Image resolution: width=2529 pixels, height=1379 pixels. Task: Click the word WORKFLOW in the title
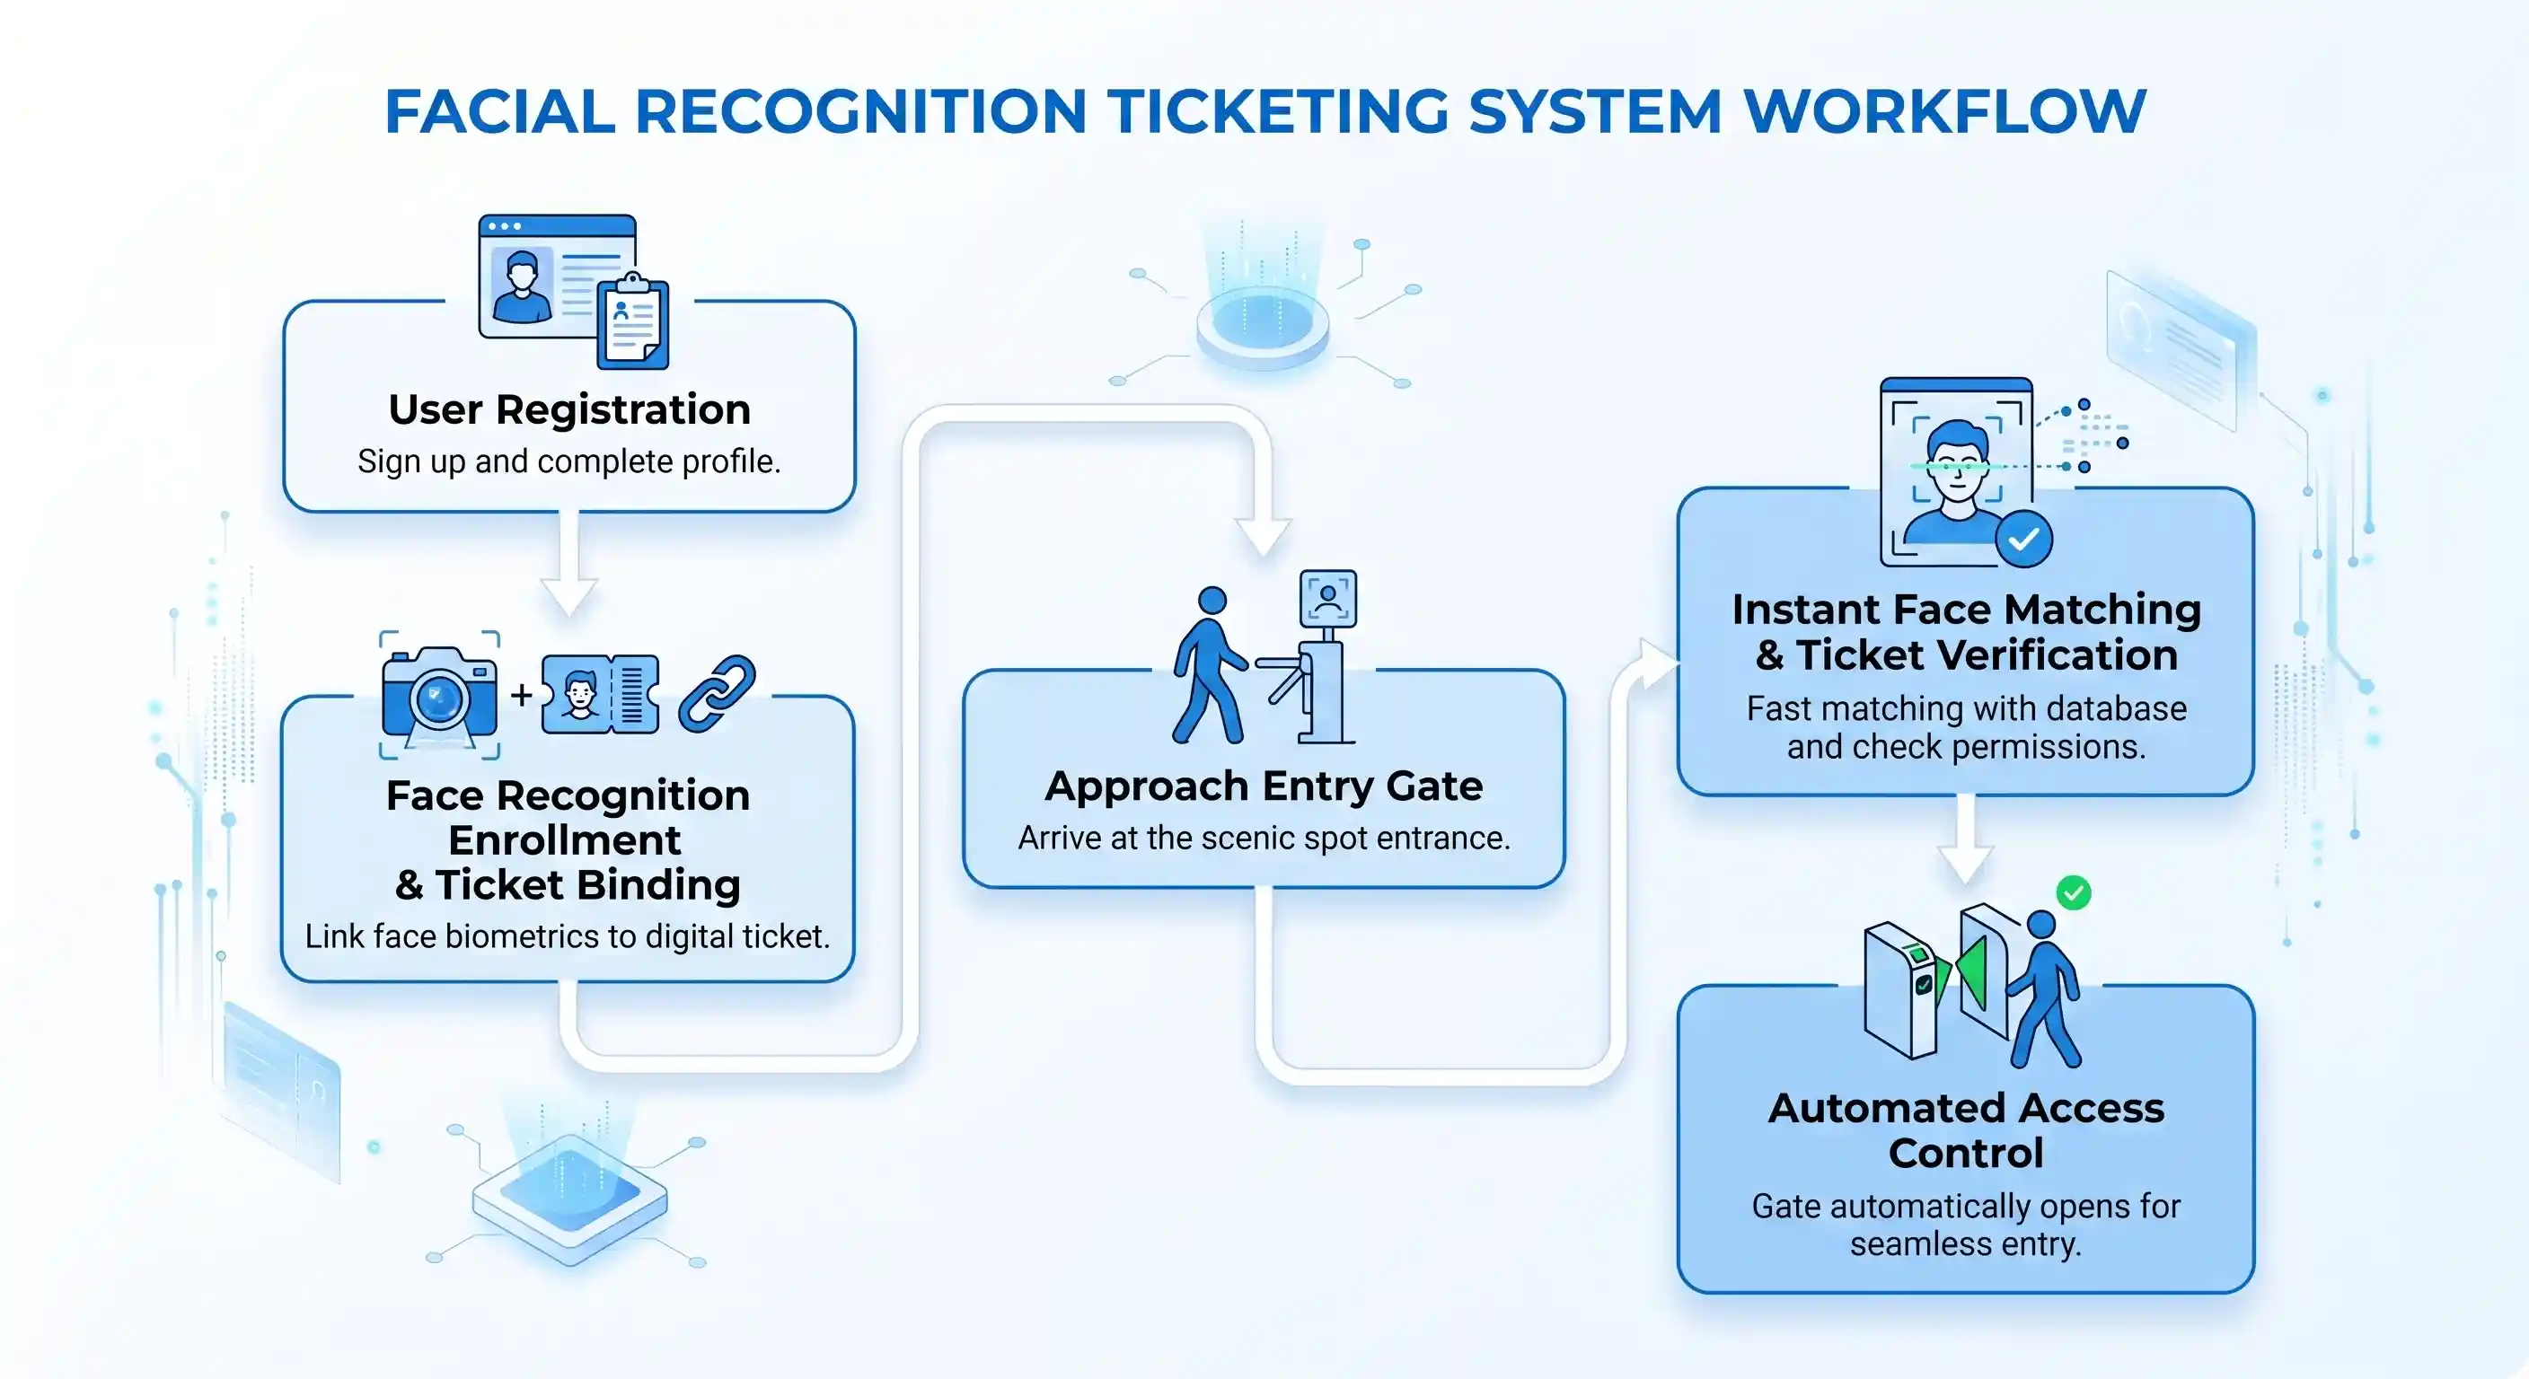tap(1943, 111)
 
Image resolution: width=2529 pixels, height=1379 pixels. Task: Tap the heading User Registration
tap(568, 409)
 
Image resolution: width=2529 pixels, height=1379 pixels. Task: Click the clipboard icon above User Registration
tap(633, 322)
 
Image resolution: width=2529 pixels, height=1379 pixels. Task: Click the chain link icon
tap(717, 693)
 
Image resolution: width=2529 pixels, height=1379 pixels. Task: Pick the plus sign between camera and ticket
tap(521, 695)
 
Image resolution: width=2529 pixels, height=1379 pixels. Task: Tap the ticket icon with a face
tap(600, 695)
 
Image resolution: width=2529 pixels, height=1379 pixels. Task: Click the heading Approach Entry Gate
tap(1264, 786)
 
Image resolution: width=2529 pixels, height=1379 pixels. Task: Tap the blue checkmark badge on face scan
tap(2023, 539)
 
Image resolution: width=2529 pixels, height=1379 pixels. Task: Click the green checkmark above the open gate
tap(2074, 892)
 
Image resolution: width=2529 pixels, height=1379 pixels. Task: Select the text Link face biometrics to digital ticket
tap(568, 936)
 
